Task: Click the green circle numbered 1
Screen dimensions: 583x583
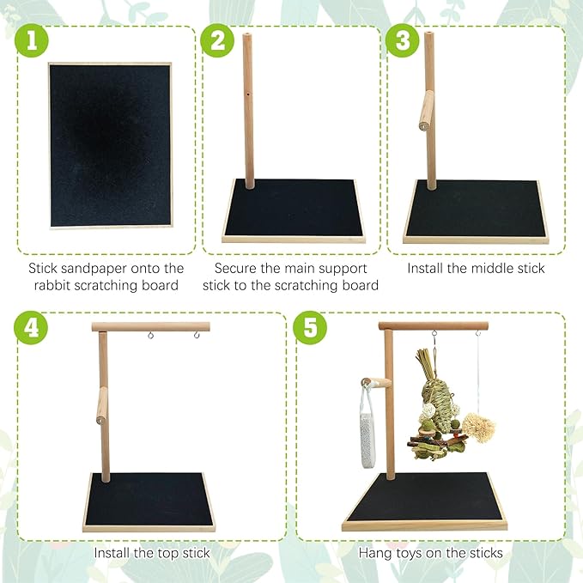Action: (32, 40)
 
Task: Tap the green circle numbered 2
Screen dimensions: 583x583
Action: (217, 40)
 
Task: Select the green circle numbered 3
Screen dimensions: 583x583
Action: (403, 40)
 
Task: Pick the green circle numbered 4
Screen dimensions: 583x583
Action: (31, 328)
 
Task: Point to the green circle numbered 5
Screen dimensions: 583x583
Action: (310, 328)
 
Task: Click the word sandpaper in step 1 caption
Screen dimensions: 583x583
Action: (94, 269)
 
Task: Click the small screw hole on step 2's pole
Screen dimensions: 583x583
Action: (248, 94)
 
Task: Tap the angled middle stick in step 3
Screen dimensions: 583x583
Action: (427, 111)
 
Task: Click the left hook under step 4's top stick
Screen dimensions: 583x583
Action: (150, 336)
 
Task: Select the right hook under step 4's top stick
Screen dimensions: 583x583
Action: (197, 335)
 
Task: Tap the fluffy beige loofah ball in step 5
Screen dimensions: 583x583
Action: (478, 428)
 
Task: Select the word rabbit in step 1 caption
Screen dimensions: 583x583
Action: (52, 286)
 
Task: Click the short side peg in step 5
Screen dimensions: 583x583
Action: (376, 383)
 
